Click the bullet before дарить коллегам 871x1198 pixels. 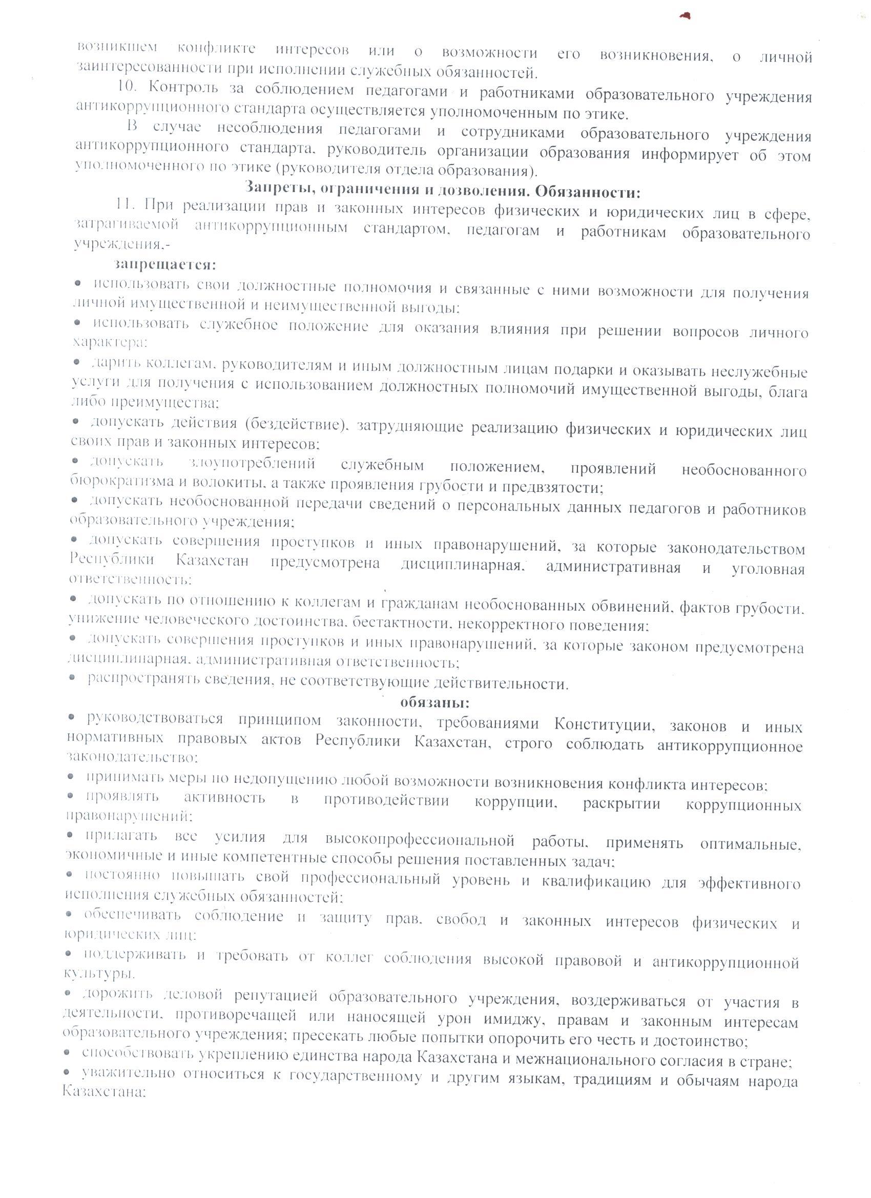(x=77, y=362)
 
